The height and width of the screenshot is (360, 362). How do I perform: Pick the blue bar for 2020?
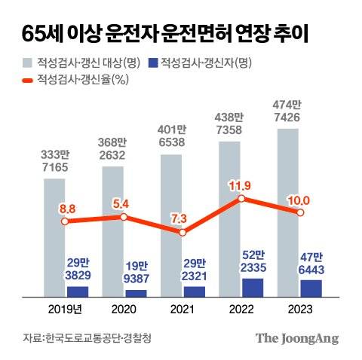pyautogui.click(x=136, y=292)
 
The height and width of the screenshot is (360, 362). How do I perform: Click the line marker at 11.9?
pyautogui.click(x=241, y=199)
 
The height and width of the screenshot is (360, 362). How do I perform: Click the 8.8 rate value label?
pyautogui.click(x=65, y=207)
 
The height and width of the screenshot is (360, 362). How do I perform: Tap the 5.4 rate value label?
pyautogui.click(x=124, y=203)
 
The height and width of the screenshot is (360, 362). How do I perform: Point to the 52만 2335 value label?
pyautogui.click(x=252, y=261)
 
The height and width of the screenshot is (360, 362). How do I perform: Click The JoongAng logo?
pyautogui.click(x=296, y=337)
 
